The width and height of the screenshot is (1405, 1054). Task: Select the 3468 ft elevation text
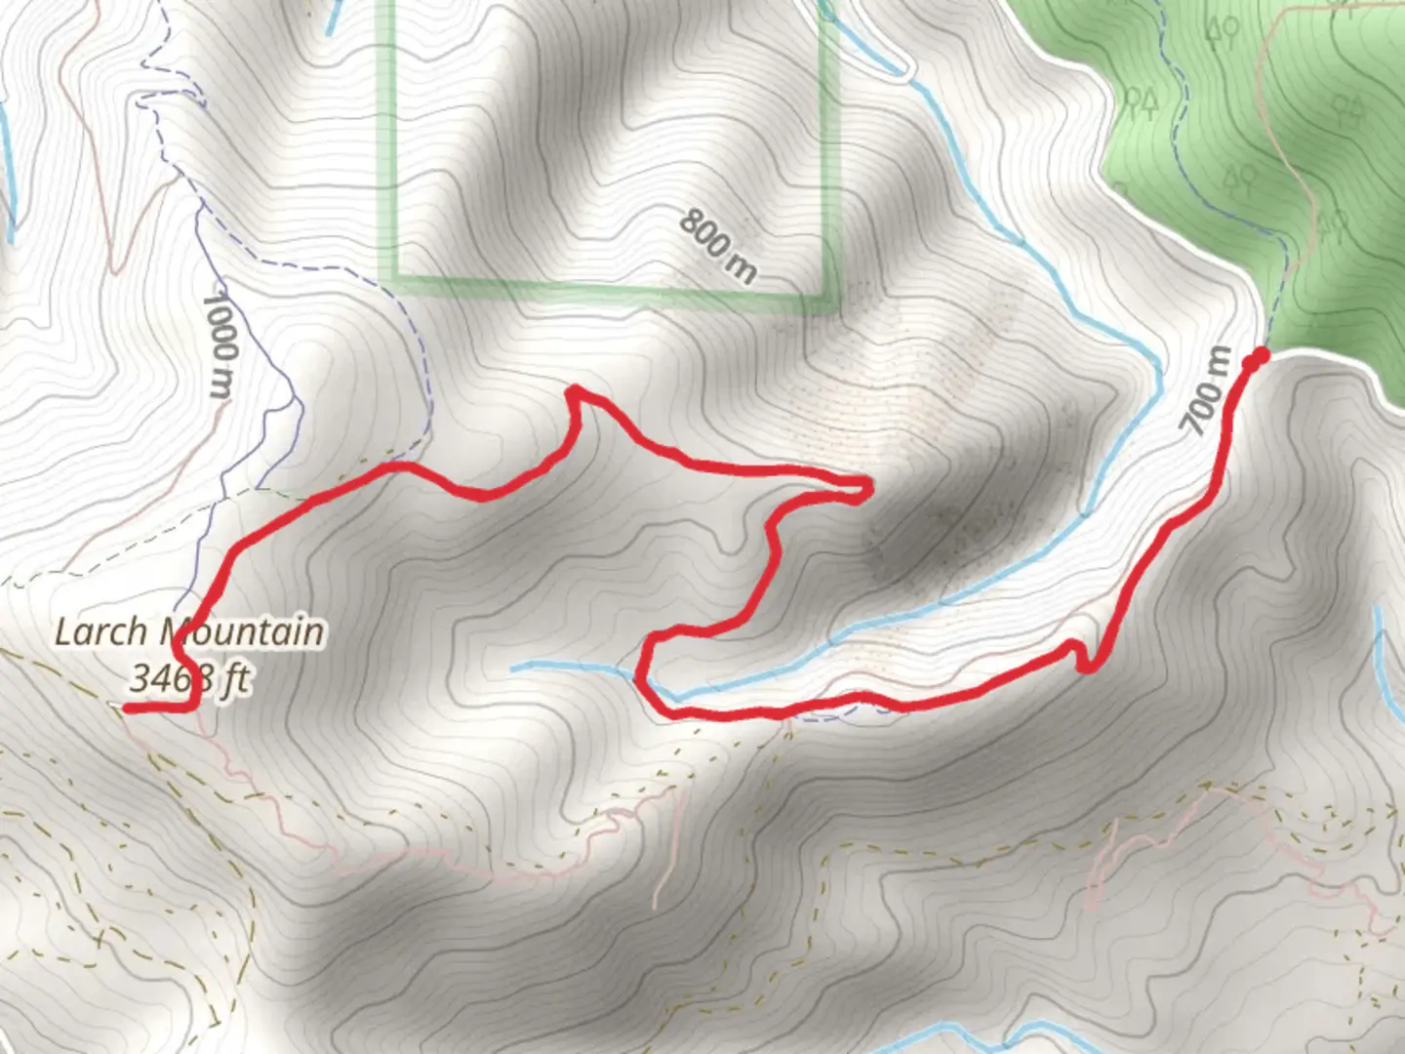(x=166, y=677)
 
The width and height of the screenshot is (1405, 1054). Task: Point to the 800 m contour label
(x=717, y=245)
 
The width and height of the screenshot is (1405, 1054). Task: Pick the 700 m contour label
(x=1206, y=390)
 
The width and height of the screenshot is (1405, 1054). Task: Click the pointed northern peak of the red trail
(x=576, y=392)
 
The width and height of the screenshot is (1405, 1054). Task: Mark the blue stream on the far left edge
(x=11, y=176)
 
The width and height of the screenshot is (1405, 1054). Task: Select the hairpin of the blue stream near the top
(x=903, y=70)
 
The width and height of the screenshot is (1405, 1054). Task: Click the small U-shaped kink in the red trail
(x=1081, y=656)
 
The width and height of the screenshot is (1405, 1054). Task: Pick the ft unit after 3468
(x=233, y=677)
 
